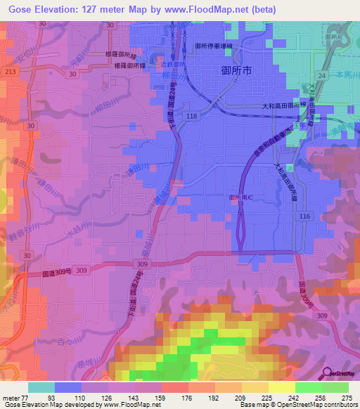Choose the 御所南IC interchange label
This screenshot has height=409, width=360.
[x=240, y=197]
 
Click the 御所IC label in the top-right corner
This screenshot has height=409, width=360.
[x=333, y=37]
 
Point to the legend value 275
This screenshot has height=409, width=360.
[x=347, y=397]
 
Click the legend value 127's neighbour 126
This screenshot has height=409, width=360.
[x=106, y=397]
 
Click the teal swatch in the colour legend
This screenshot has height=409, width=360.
[x=41, y=387]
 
